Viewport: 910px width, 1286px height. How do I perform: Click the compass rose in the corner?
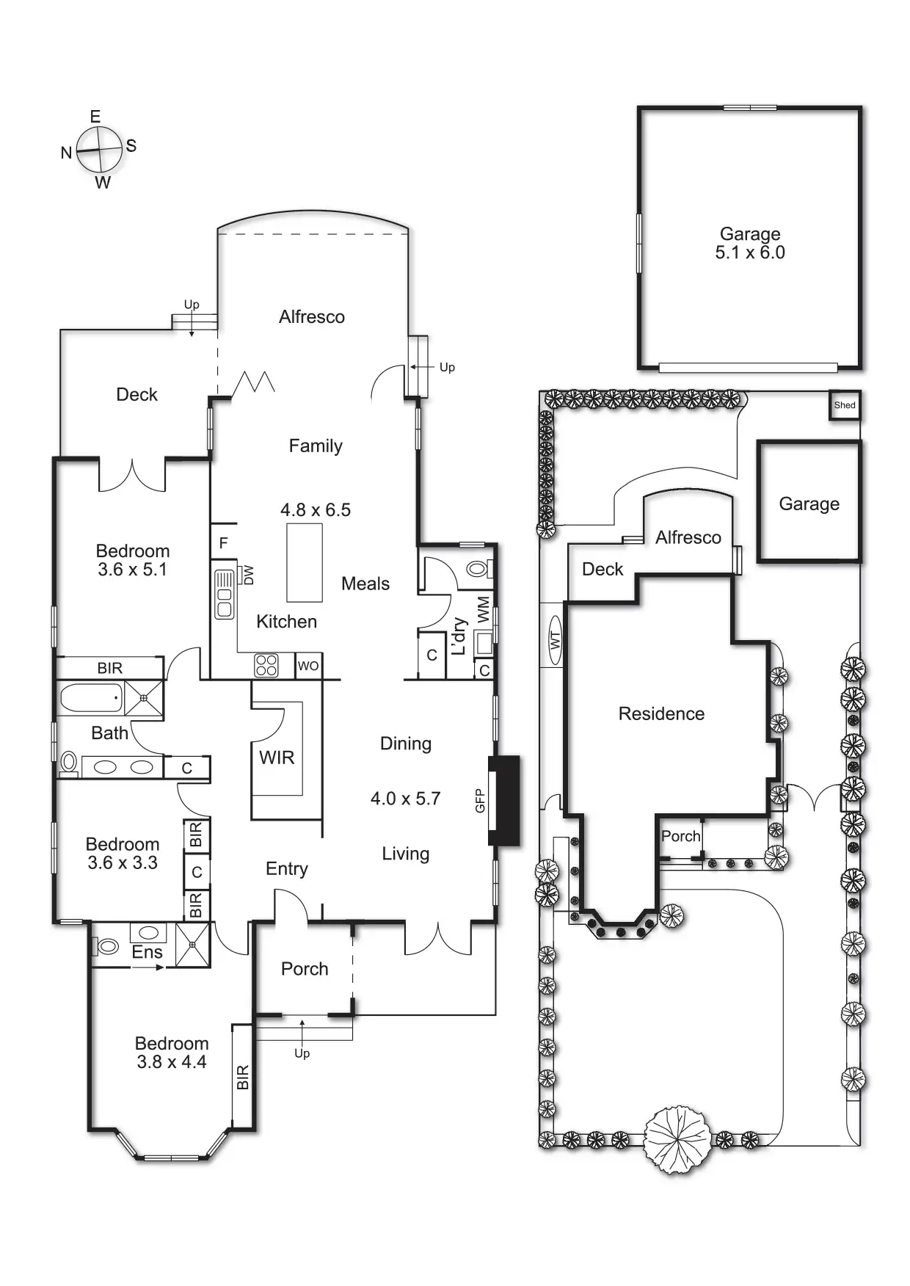[99, 149]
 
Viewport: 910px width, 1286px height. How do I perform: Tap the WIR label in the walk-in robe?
[277, 758]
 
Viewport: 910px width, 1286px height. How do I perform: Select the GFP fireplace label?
[480, 800]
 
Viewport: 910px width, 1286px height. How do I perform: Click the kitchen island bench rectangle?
[304, 562]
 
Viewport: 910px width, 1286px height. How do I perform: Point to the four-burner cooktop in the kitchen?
[266, 665]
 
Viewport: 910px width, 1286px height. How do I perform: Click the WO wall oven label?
[308, 666]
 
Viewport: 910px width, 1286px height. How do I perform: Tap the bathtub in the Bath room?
[91, 697]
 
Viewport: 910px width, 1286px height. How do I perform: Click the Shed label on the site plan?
[845, 405]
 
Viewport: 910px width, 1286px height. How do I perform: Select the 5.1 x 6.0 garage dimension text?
[750, 253]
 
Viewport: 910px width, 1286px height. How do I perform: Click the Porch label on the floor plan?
[305, 969]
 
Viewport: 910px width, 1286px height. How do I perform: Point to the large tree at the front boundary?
[677, 1141]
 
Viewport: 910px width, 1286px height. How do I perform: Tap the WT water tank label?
[555, 640]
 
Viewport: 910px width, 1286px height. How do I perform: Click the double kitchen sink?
[224, 594]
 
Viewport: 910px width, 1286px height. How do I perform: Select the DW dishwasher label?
[248, 575]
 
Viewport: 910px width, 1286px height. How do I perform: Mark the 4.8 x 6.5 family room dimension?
[316, 510]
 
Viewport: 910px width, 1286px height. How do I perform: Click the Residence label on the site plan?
[661, 713]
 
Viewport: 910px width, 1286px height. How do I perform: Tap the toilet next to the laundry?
[479, 568]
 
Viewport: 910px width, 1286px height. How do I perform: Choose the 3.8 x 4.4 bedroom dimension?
[172, 1062]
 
